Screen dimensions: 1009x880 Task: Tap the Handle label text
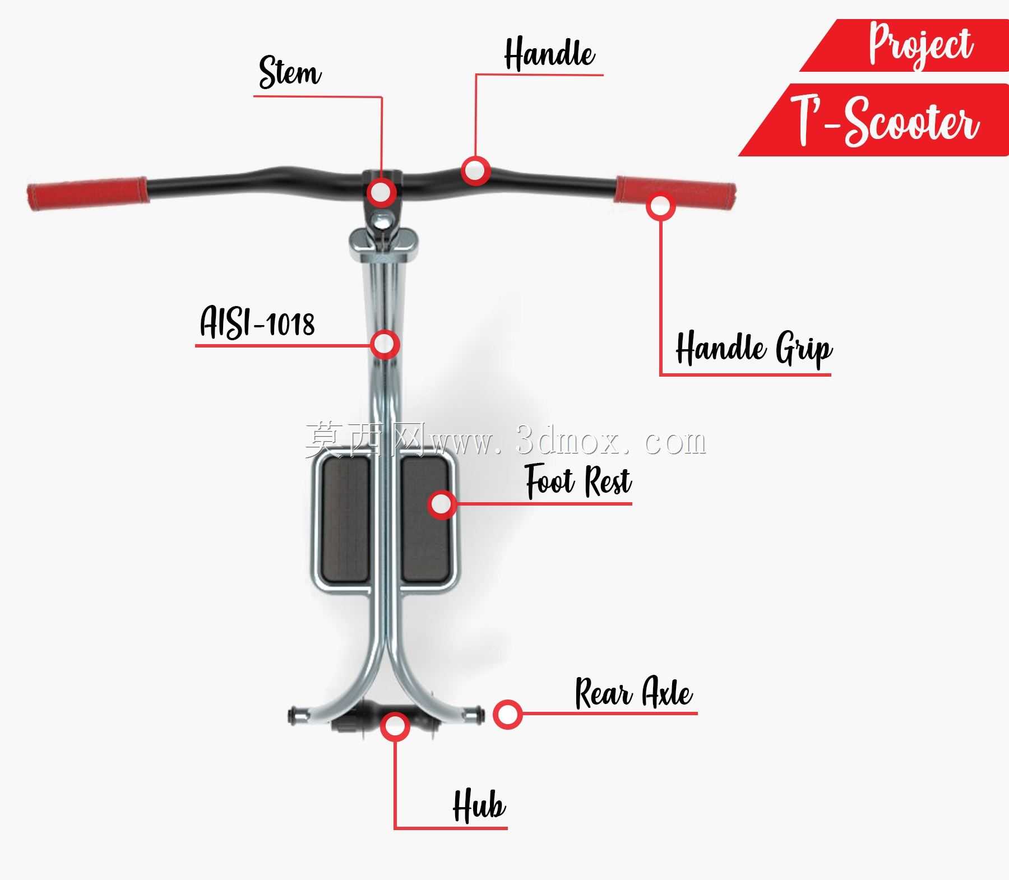[549, 54]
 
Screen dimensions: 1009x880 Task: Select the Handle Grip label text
[754, 348]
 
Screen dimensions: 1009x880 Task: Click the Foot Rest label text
[578, 481]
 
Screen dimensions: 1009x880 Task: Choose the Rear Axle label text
[634, 693]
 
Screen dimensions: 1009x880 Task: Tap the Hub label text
[479, 805]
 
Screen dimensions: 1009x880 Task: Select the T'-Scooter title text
[885, 119]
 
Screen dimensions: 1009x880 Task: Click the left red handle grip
[87, 193]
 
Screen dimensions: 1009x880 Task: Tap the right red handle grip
[675, 191]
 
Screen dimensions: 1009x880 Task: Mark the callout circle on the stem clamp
[382, 192]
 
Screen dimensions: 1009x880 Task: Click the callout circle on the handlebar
[476, 170]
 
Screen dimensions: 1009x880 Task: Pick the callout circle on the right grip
[661, 206]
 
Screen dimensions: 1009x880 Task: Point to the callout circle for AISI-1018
[385, 344]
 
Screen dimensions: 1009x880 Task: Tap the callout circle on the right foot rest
[442, 504]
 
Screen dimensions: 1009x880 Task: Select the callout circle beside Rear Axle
[508, 714]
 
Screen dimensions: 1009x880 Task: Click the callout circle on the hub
[395, 726]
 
